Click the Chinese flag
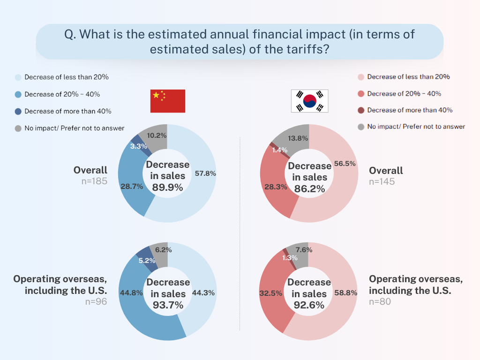coord(168,101)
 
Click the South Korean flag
coord(309,101)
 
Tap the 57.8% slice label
coord(205,173)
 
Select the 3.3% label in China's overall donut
coord(139,146)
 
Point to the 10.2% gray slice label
coord(157,135)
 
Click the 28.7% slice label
coord(132,187)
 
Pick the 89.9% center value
coord(167,187)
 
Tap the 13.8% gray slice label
coord(298,138)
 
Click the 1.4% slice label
coord(280,150)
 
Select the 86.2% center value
coord(309,189)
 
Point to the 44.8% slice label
coord(131,293)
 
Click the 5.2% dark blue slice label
coord(147,261)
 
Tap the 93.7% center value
coord(168,305)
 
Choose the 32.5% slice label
coord(270,293)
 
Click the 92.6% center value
coord(309,305)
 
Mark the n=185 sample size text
coord(94,181)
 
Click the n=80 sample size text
coord(380,301)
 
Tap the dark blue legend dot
coord(18,112)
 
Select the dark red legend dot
coord(361,110)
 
